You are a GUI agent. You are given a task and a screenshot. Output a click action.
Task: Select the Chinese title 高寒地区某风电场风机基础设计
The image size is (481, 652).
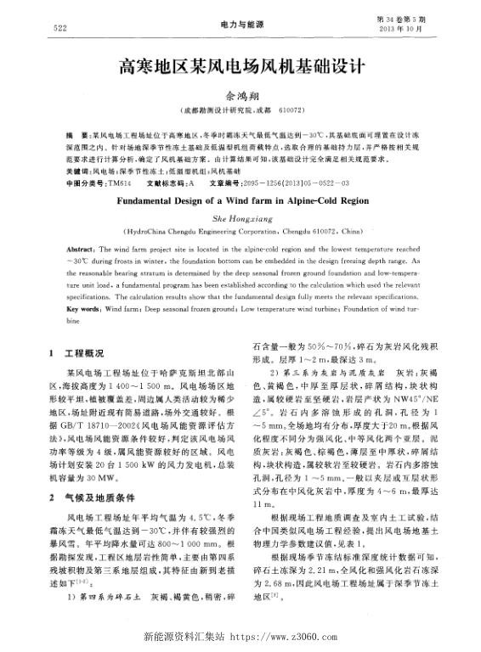240,66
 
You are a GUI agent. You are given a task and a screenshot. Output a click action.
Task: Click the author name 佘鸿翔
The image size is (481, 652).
240,97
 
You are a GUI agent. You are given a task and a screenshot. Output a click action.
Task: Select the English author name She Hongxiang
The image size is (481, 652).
240,217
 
